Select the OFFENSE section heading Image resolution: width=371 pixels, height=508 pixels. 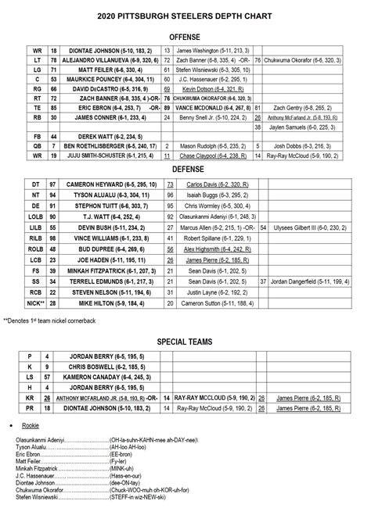pos(185,37)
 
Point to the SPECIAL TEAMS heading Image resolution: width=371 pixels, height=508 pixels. pos(185,342)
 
